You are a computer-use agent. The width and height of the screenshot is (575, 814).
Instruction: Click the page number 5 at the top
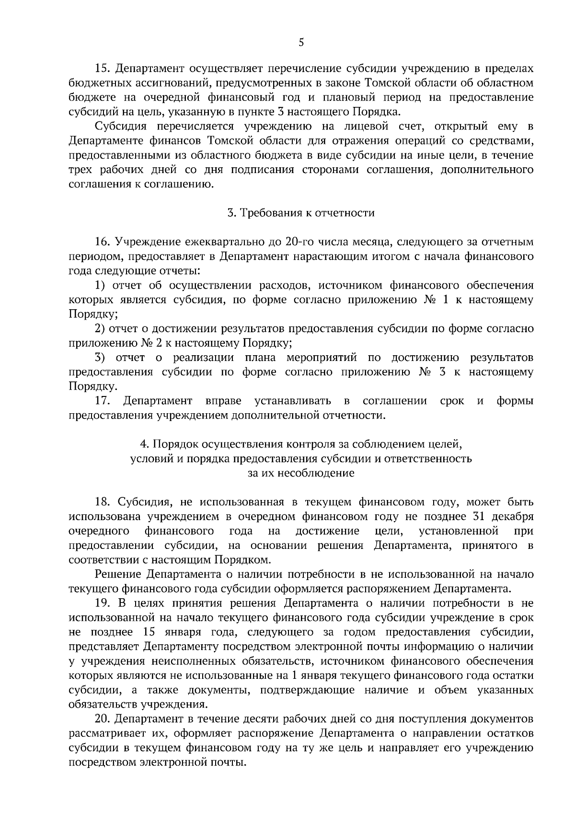[301, 43]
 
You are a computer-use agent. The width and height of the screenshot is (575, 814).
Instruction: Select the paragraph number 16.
[103, 242]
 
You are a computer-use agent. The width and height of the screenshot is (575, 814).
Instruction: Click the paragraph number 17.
[103, 400]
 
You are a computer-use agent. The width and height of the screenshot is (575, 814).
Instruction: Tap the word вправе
[223, 400]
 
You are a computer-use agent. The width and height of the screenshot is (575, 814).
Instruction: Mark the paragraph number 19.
[103, 603]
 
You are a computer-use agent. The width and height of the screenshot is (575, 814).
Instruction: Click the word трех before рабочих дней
[81, 170]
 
